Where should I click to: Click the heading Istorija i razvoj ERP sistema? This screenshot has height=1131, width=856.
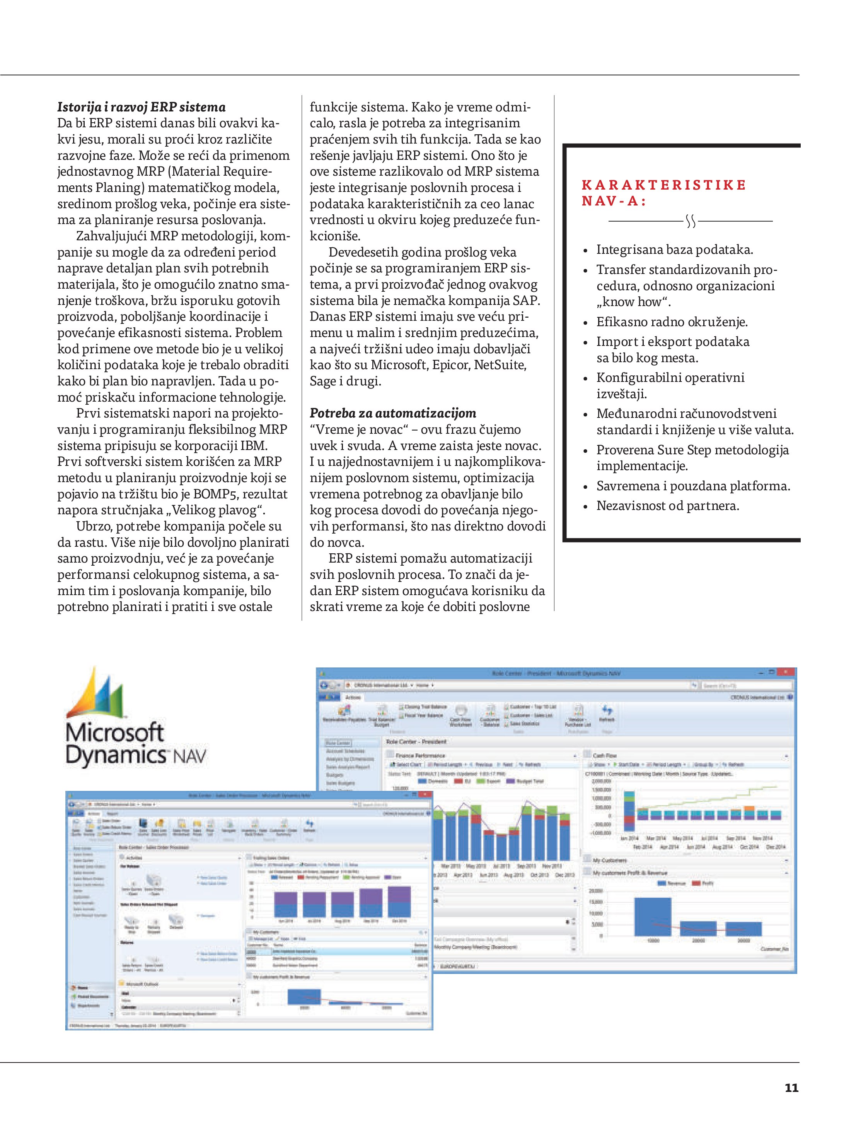click(x=141, y=107)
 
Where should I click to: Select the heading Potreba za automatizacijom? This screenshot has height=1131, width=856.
click(x=392, y=413)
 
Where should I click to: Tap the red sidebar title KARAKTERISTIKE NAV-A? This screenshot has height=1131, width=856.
click(x=663, y=193)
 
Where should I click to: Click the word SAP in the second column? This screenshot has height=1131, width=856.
click(x=526, y=300)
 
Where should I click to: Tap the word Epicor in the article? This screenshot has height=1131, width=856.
click(x=451, y=364)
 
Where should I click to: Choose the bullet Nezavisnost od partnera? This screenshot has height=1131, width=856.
click(x=667, y=506)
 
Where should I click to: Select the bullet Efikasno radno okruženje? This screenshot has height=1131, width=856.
click(x=672, y=322)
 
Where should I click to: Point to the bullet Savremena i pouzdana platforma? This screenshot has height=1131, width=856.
click(x=693, y=486)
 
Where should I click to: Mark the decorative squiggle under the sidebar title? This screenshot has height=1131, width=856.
click(x=691, y=221)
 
